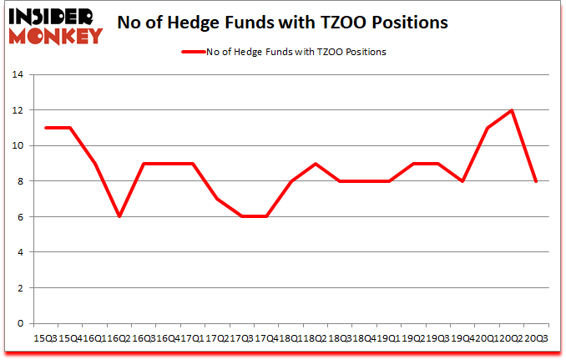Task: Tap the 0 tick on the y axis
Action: click(19, 323)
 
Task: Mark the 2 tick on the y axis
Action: click(19, 288)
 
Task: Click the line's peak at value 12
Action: click(511, 110)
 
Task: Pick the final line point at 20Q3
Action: click(536, 181)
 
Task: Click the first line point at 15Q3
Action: click(45, 128)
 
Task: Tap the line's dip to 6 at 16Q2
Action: click(119, 216)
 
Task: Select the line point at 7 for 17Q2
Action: click(217, 199)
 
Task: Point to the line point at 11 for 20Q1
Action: click(487, 128)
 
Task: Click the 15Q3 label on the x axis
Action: click(44, 338)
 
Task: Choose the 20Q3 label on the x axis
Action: click(536, 338)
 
